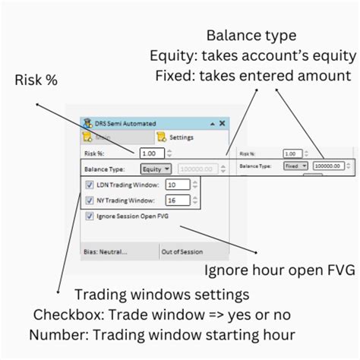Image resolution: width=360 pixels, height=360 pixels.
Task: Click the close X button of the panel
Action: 222,123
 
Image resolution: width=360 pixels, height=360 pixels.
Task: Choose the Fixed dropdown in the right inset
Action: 295,164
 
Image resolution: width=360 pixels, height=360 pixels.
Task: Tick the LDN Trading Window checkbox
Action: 90,185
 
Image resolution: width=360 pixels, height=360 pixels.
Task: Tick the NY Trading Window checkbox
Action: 90,201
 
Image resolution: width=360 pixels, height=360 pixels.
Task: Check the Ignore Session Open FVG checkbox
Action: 90,216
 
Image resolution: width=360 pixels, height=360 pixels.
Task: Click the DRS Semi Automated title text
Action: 128,123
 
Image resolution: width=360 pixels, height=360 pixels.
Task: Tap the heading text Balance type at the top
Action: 252,35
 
